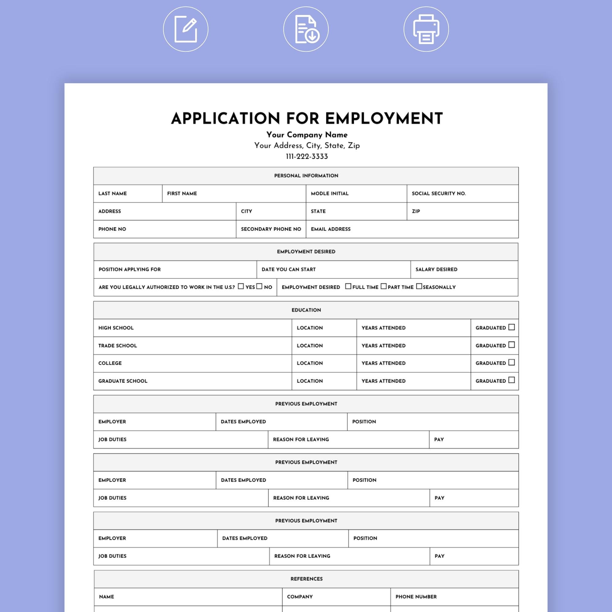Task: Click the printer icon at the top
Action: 426,29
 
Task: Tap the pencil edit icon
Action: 186,29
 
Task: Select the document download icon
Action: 306,29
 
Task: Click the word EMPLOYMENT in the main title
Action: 384,118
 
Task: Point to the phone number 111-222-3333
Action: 307,156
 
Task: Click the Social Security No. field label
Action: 438,194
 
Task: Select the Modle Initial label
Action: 330,194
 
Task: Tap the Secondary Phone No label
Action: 271,229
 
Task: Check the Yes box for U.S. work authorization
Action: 241,286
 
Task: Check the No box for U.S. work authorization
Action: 259,286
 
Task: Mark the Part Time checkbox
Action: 383,286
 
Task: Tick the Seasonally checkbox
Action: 419,286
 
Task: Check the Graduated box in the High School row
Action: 511,327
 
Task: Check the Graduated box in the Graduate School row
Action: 511,380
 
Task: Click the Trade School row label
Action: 118,345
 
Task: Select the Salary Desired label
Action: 436,269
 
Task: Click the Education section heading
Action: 306,310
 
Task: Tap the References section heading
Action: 306,579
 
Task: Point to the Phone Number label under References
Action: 416,596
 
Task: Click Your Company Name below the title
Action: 307,135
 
